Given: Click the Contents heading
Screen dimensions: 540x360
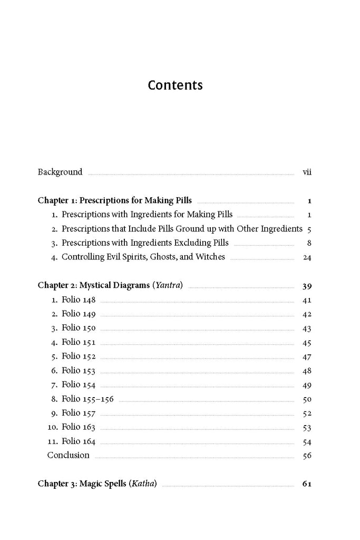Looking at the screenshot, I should click(x=175, y=85).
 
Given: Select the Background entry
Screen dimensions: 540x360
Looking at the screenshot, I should click(x=60, y=172).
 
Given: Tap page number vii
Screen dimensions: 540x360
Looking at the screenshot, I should click(x=307, y=172).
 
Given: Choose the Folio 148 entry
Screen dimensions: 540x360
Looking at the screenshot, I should click(x=79, y=300).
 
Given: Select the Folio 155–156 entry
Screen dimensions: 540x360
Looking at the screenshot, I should click(x=87, y=399).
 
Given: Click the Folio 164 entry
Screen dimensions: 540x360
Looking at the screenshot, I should click(x=79, y=441).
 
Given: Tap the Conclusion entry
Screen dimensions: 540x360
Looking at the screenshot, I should click(x=69, y=455).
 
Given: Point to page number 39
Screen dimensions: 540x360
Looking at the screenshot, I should click(x=307, y=286).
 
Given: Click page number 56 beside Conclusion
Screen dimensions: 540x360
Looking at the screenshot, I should click(x=307, y=456).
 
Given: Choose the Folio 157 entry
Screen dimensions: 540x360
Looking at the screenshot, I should click(x=79, y=413).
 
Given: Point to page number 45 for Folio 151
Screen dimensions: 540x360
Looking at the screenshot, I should click(x=307, y=342).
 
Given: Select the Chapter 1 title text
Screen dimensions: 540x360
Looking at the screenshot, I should click(x=115, y=200).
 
